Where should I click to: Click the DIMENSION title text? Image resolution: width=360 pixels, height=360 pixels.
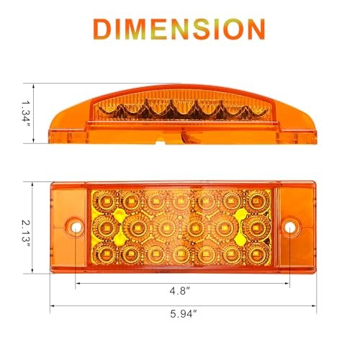pyautogui.click(x=179, y=29)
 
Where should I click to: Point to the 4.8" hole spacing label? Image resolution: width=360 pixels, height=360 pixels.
pyautogui.click(x=180, y=291)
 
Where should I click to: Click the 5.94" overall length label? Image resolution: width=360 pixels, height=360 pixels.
pyautogui.click(x=184, y=314)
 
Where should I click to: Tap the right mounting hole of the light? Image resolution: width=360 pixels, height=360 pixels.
pyautogui.click(x=289, y=226)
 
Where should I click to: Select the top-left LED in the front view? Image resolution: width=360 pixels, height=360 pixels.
pyautogui.click(x=105, y=201)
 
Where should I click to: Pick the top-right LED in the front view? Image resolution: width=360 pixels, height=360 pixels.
pyautogui.click(x=257, y=200)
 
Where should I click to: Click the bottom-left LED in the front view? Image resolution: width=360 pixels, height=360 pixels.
pyautogui.click(x=105, y=253)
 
